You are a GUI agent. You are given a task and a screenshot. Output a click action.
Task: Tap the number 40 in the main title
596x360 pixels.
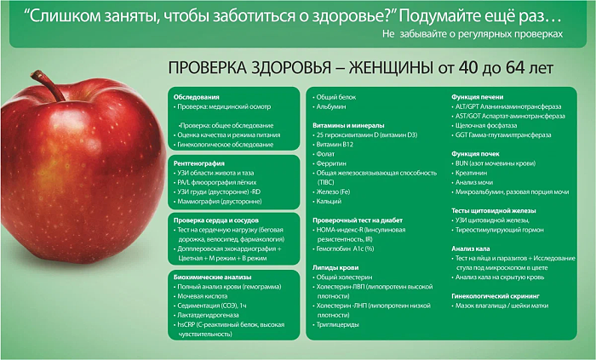468,68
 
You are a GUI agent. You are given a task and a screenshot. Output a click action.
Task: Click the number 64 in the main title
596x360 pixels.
516,68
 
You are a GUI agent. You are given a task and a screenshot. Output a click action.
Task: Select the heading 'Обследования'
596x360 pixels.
196,97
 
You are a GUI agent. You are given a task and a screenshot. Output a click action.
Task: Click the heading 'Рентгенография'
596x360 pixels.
198,163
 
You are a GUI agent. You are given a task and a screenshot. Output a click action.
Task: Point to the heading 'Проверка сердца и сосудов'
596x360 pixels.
216,220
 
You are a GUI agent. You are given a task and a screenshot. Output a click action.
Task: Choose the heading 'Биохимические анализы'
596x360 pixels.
213,277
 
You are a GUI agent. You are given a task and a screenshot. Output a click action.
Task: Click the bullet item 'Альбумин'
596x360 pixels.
330,106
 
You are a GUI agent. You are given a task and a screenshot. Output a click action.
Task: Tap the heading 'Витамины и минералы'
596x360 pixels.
348,126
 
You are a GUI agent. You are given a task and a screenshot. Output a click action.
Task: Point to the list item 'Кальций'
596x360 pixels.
327,201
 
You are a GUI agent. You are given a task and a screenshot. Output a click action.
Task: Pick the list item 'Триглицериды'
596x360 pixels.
336,325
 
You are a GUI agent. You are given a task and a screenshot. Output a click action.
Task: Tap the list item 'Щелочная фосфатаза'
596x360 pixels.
484,126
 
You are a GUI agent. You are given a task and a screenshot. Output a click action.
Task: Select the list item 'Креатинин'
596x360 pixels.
469,173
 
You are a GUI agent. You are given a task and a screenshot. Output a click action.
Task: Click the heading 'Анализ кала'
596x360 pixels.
471,249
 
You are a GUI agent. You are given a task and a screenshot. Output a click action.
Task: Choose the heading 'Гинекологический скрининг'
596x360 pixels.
496,296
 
